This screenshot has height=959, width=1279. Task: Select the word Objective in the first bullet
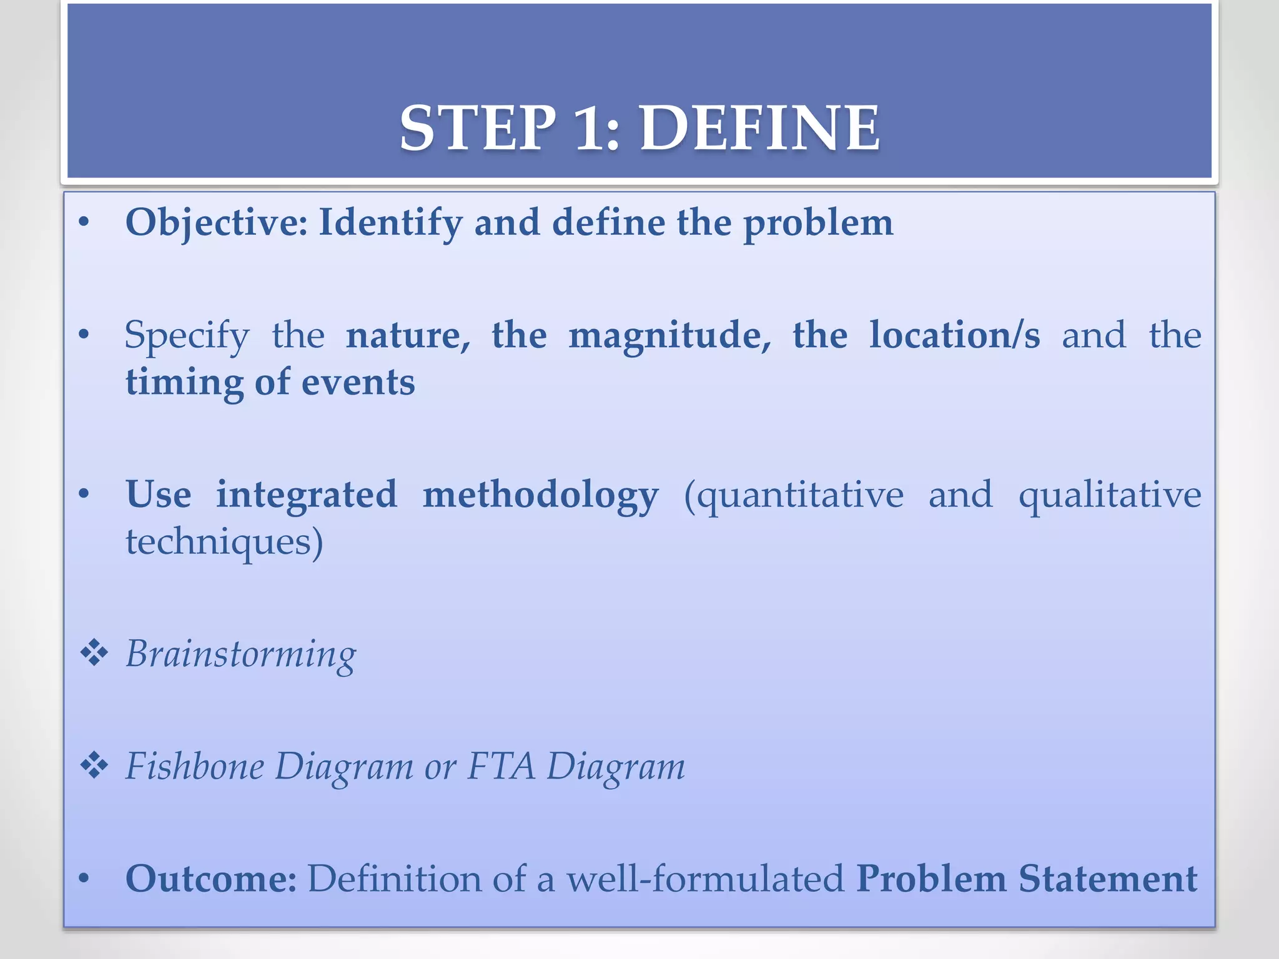point(216,222)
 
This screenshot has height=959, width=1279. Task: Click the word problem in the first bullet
point(818,224)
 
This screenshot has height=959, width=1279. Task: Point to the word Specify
point(187,336)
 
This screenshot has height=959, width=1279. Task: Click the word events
point(358,383)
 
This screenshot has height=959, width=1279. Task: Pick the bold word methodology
point(540,496)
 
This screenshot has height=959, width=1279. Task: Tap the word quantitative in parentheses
point(799,496)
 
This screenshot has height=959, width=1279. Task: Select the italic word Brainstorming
point(240,655)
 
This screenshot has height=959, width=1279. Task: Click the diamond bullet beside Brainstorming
point(94,654)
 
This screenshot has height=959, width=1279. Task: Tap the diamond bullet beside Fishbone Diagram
point(94,766)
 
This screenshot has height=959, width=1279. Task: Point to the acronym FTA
point(501,766)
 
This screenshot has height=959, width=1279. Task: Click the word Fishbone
point(195,766)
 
